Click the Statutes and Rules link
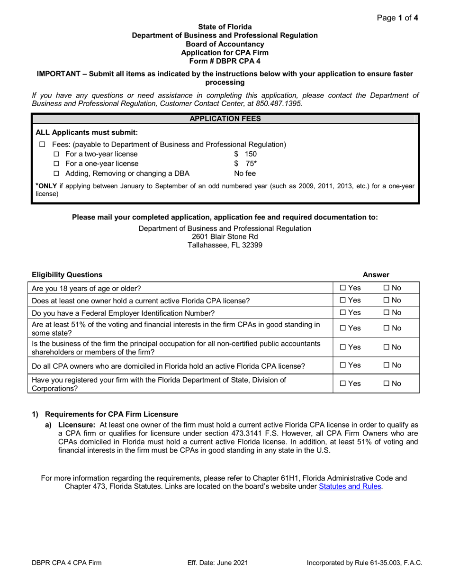point(350,486)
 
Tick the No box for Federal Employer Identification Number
point(387,312)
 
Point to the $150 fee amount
point(245,154)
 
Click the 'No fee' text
point(245,173)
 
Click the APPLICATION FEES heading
point(225,118)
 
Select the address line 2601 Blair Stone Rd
point(225,237)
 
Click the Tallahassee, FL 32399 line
point(225,245)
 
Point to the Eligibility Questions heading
point(67,274)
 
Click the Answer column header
point(376,274)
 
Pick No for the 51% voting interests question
point(387,328)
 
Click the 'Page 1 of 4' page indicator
point(397,18)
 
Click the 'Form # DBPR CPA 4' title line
point(225,61)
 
